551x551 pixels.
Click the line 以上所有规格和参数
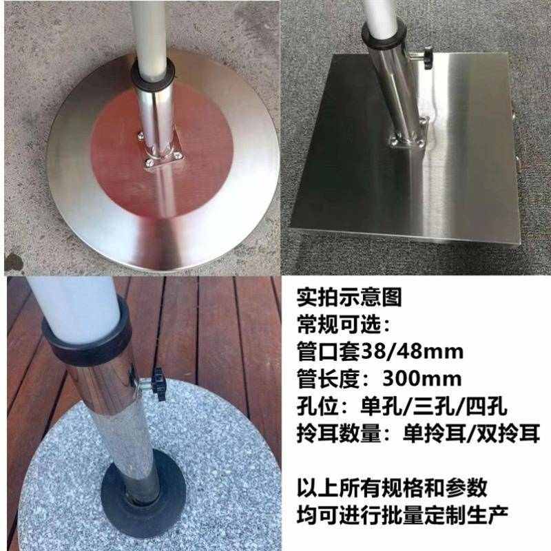tap(392, 487)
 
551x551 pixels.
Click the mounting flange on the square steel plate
tap(408, 138)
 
